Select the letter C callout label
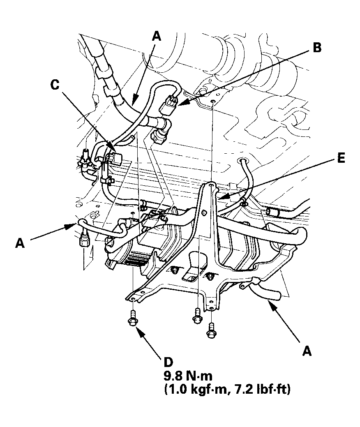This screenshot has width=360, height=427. tap(55, 85)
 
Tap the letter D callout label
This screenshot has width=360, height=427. tap(168, 362)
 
